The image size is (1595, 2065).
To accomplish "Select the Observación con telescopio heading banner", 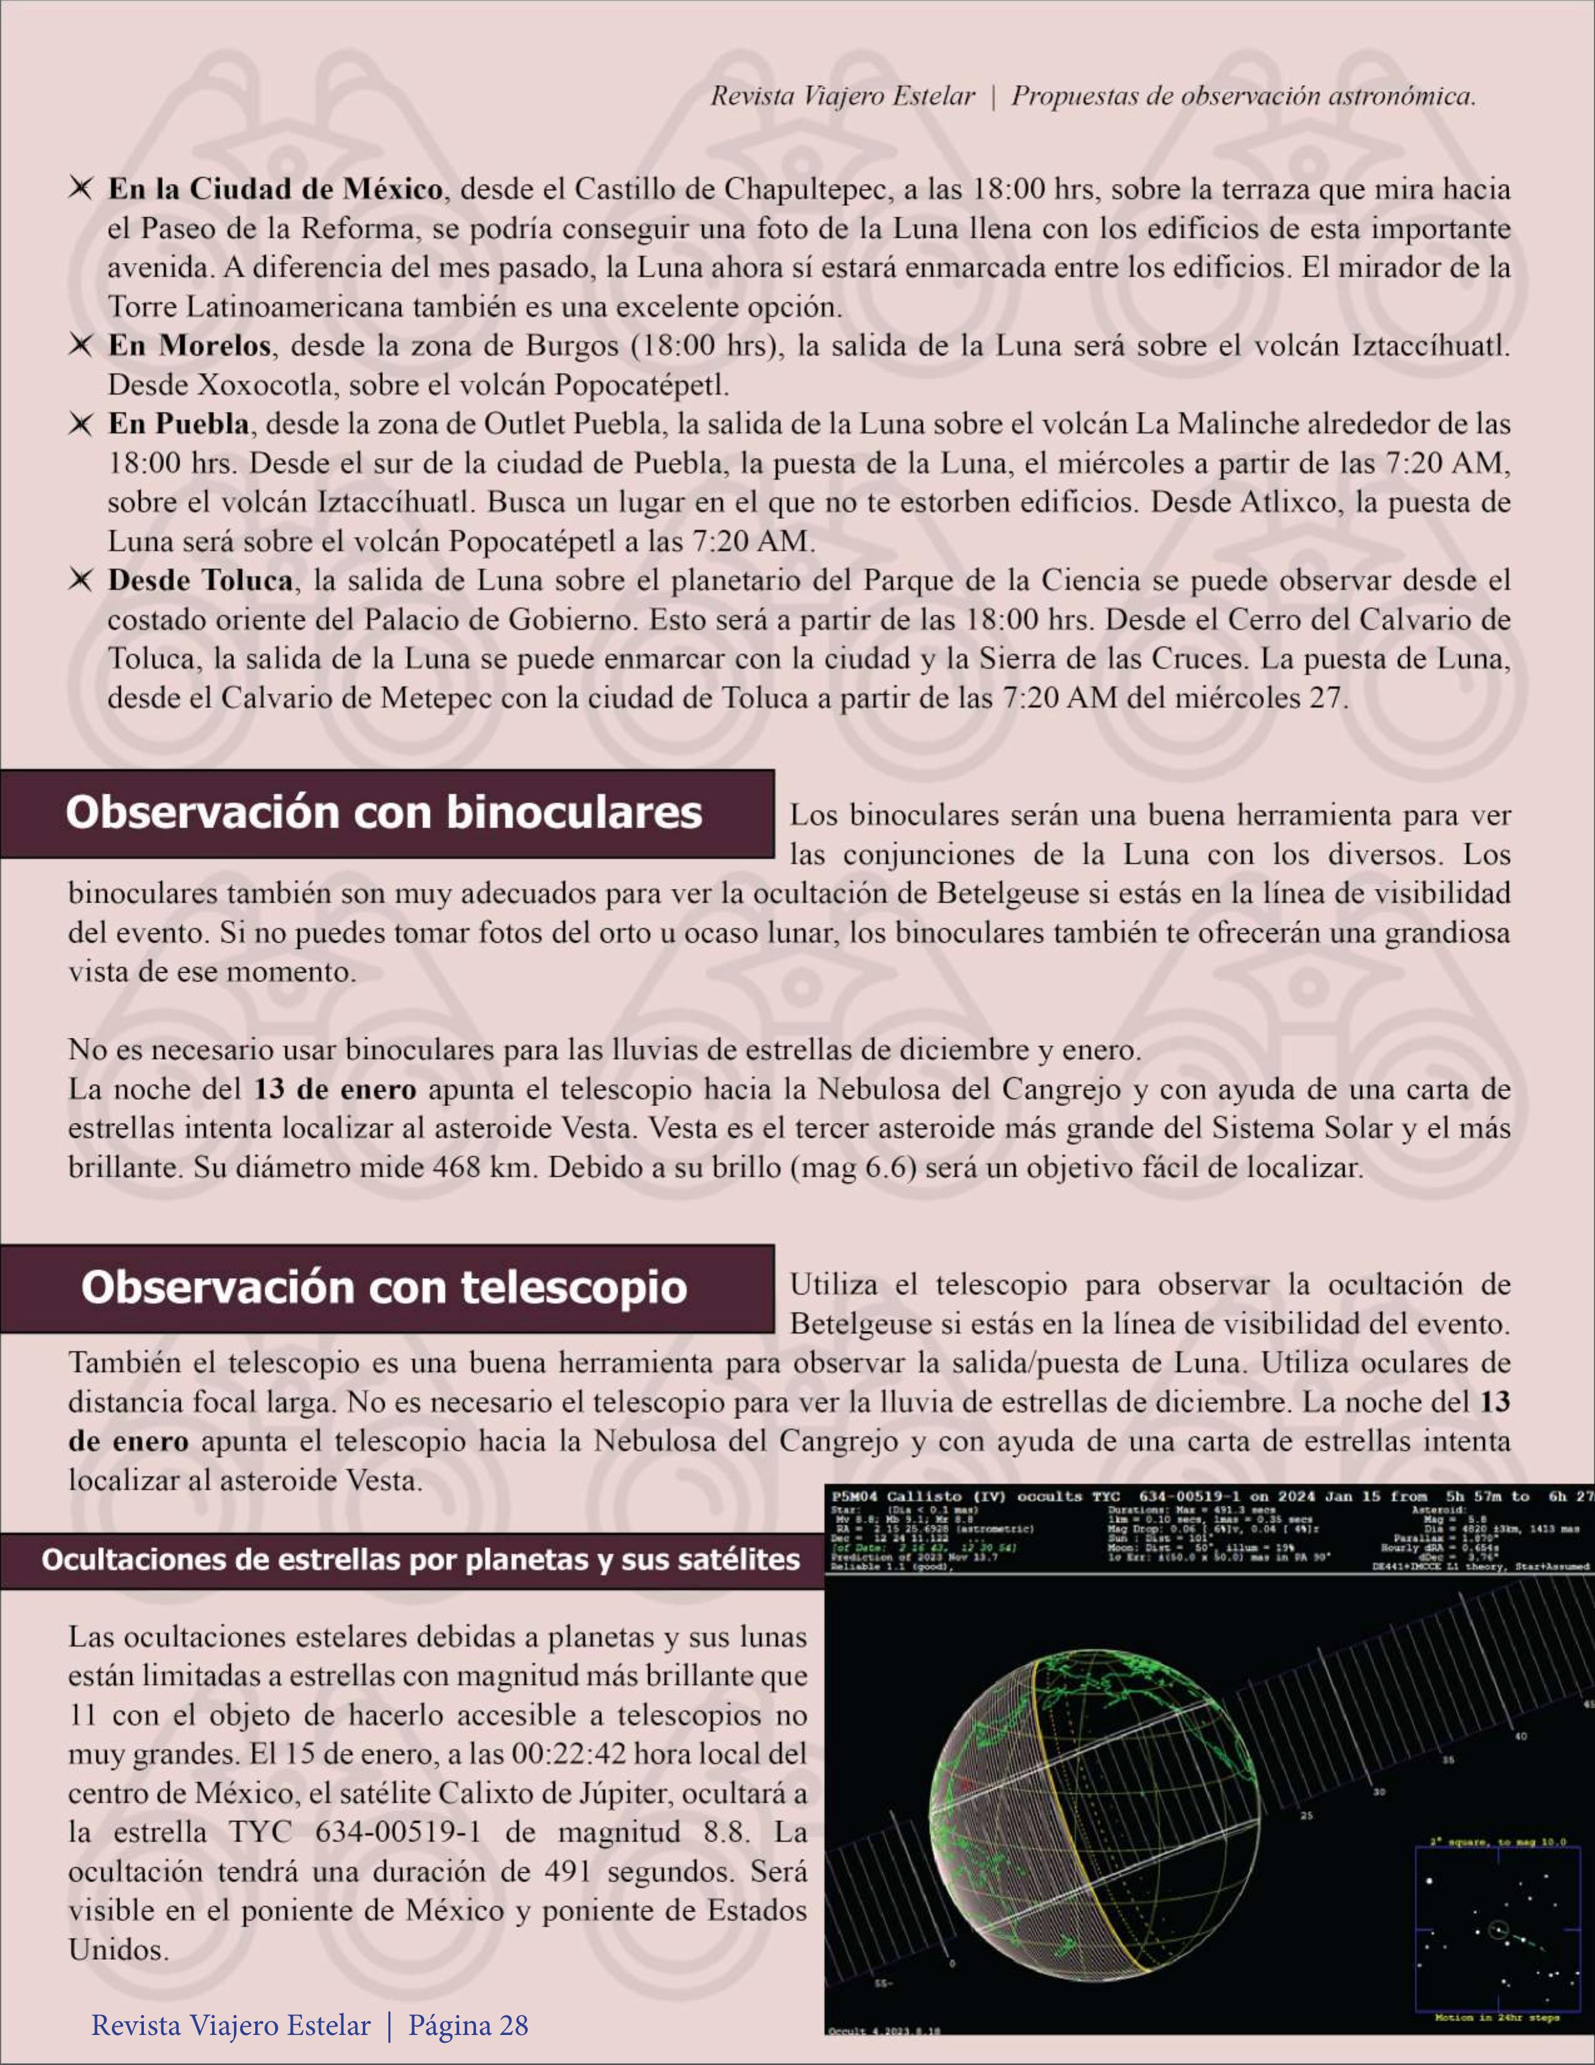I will coord(384,1288).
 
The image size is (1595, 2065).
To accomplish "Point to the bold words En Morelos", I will coord(189,346).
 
